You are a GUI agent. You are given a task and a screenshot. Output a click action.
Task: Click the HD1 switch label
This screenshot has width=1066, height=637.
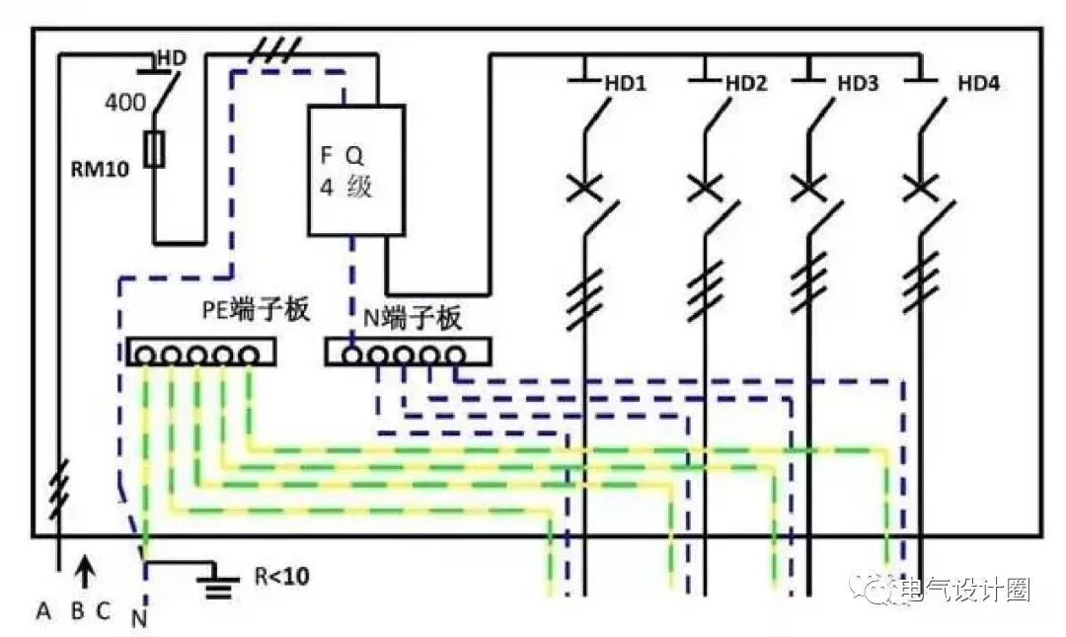click(x=625, y=84)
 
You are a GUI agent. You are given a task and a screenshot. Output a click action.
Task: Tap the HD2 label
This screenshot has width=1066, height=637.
click(x=746, y=84)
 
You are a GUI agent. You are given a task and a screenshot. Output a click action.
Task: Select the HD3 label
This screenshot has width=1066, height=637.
click(x=858, y=84)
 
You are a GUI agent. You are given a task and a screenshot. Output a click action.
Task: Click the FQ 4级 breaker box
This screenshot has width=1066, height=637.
click(x=356, y=171)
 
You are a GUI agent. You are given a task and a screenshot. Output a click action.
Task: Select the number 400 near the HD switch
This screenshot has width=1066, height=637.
click(x=124, y=101)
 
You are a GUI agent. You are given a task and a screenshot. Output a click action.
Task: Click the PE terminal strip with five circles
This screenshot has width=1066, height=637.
click(x=200, y=353)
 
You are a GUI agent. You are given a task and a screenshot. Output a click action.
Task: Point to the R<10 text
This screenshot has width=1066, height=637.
click(x=281, y=575)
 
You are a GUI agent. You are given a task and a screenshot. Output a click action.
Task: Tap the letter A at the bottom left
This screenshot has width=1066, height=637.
click(x=43, y=611)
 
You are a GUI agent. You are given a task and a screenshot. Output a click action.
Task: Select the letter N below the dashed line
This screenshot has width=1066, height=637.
click(x=138, y=621)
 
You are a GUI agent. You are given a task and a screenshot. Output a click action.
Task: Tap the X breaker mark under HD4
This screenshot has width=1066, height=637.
click(x=919, y=186)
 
